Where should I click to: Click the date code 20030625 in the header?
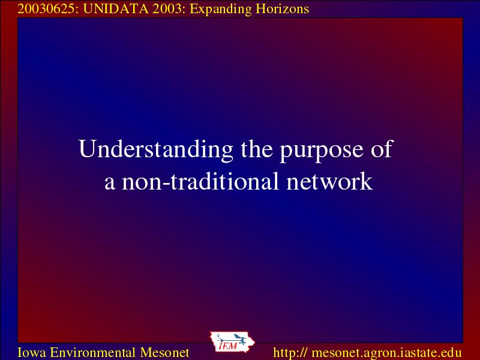(x=46, y=9)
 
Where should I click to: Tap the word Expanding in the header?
(x=221, y=10)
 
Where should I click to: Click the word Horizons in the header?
(x=282, y=9)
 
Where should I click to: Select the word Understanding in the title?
(x=155, y=149)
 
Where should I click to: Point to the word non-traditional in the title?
(x=200, y=181)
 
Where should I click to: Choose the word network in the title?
(x=329, y=181)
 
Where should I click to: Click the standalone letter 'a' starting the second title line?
(x=110, y=184)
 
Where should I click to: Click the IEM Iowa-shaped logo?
(x=232, y=341)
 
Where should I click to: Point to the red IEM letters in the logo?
(x=228, y=346)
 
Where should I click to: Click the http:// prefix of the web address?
(x=290, y=353)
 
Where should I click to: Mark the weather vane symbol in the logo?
(x=232, y=338)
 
